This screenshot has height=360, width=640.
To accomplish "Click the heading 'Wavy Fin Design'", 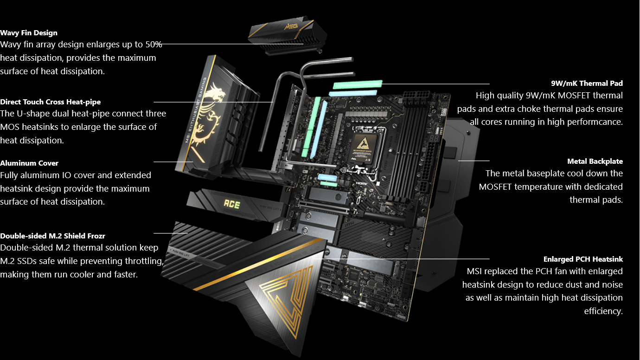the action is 29,33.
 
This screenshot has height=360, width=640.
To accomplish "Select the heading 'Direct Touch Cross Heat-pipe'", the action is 50,102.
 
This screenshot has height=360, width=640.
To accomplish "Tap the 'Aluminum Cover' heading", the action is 29,163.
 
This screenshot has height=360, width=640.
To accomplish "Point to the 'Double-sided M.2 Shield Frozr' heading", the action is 52,236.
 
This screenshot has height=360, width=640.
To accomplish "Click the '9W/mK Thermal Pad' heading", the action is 587,84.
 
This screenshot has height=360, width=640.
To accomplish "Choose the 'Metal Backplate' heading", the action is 595,161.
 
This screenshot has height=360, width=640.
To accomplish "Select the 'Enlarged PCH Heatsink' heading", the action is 583,259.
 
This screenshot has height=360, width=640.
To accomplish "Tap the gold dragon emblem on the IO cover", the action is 207,114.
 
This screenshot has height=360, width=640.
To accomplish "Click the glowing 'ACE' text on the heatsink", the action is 232,204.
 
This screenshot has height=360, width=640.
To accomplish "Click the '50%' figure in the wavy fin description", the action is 154,45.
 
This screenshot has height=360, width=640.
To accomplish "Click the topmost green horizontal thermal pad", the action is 358,84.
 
